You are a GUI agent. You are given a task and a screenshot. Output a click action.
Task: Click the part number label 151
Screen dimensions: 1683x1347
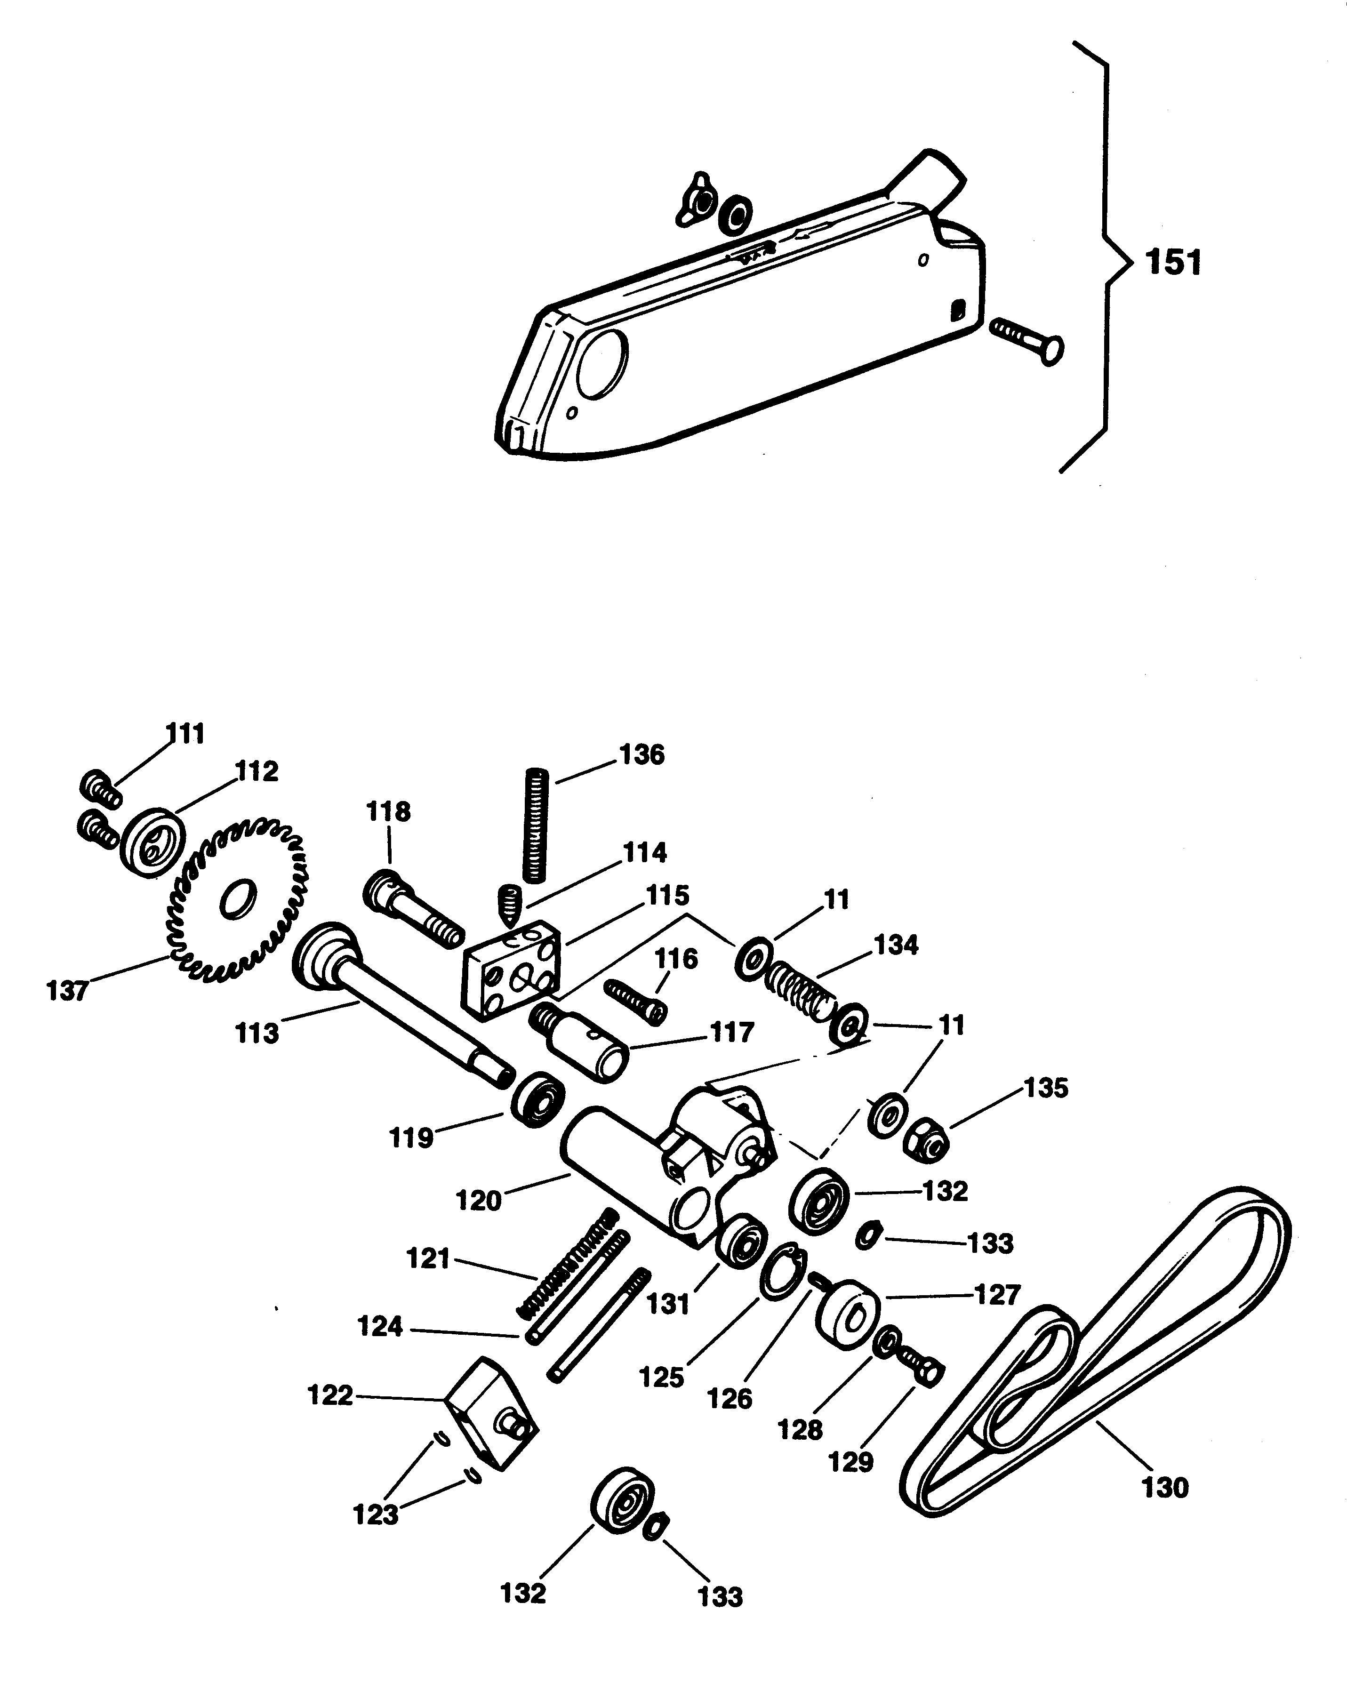pos(1173,263)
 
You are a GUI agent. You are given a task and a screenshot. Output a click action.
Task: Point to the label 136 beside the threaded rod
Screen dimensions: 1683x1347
pos(641,755)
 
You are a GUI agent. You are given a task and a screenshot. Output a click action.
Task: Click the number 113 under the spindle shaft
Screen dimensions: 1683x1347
pos(257,1034)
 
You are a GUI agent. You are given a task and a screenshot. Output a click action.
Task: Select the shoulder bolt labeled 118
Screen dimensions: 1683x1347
pos(414,909)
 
